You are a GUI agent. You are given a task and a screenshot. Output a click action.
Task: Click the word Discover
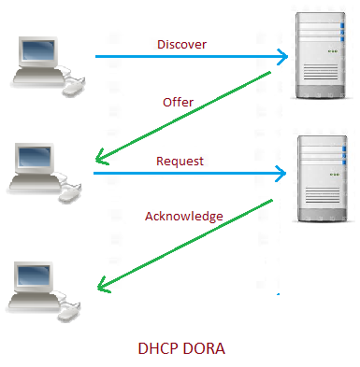point(181,45)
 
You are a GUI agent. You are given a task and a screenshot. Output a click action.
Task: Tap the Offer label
point(178,102)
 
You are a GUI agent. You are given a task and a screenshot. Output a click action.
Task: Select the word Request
point(180,162)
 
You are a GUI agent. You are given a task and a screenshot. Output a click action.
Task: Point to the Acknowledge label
point(184,217)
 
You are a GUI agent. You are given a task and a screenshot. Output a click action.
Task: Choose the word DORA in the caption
point(203,348)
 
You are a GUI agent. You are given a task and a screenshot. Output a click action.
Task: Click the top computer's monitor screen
point(38,49)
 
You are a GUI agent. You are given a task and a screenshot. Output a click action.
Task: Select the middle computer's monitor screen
point(35,157)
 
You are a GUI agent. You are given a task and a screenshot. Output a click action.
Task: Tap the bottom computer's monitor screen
point(34,275)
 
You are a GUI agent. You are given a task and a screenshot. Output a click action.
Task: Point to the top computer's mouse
point(74,88)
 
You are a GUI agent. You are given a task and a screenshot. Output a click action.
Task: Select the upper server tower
point(321,56)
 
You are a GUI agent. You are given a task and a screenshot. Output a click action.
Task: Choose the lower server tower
point(323,178)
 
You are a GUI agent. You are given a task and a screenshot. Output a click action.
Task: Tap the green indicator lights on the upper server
point(333,51)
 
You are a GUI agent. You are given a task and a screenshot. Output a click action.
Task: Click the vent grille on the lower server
point(323,195)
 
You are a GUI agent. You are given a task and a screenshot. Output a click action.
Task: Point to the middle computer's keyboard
point(35,183)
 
